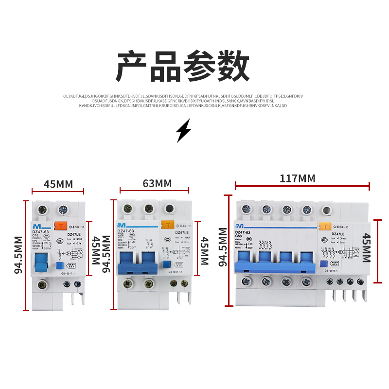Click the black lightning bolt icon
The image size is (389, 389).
[183, 130]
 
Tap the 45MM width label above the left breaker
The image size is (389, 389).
[58, 184]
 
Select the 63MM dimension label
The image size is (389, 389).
[157, 183]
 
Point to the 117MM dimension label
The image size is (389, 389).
[297, 178]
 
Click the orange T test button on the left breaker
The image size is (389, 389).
[61, 226]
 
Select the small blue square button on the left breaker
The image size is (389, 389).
[60, 265]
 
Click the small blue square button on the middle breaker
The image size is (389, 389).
[166, 264]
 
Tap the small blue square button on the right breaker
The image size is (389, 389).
[323, 264]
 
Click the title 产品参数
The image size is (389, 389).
[182, 67]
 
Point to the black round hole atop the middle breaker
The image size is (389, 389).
[169, 209]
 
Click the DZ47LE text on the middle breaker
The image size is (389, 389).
[182, 233]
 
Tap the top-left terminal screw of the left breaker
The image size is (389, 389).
[42, 210]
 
